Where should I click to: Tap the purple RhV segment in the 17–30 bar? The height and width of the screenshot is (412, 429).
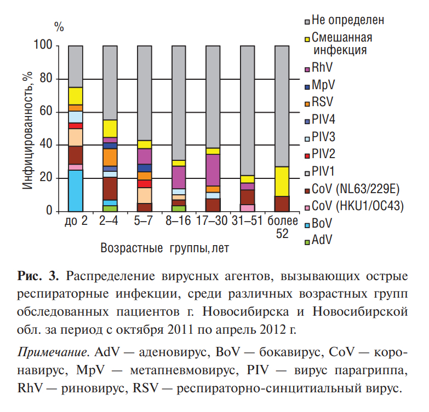click(x=213, y=170)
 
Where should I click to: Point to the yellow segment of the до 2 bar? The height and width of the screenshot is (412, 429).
click(x=76, y=96)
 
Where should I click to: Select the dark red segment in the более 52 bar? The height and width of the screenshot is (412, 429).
click(x=282, y=204)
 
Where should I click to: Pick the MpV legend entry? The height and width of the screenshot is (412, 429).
click(x=324, y=85)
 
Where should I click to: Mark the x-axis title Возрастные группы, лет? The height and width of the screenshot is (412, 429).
click(x=164, y=248)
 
